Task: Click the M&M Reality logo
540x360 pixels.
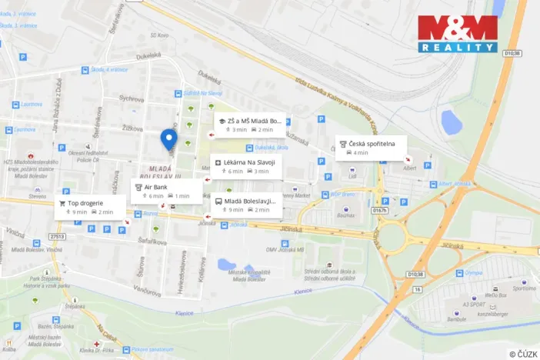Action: [457, 34]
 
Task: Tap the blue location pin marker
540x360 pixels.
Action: [168, 138]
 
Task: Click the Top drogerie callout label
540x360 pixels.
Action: [92, 208]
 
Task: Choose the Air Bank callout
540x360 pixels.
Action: [165, 191]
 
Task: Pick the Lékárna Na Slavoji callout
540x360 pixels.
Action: [246, 166]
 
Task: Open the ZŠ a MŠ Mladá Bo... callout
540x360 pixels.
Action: [249, 125]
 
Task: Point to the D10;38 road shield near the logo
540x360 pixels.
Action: [513, 54]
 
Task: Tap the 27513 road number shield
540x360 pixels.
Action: [57, 237]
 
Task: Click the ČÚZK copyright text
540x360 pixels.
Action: [523, 353]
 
